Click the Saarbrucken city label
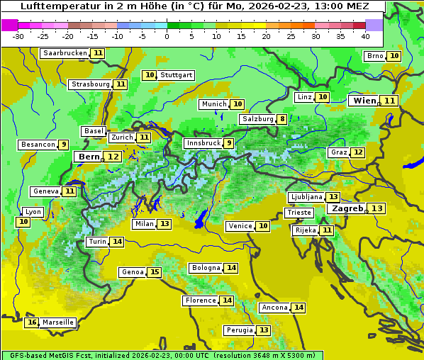[x=65, y=53]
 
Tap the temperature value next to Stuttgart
[x=149, y=75]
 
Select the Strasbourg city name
[x=91, y=84]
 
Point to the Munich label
[x=213, y=104]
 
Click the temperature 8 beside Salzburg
[x=282, y=119]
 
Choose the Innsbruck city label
[x=202, y=143]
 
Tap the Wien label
[x=364, y=101]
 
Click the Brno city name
[x=374, y=56]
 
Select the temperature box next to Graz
[x=358, y=152]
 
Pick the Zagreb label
[x=347, y=208]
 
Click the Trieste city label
[x=298, y=213]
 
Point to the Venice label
[x=240, y=226]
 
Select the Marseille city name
[x=58, y=322]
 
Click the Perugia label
[x=238, y=330]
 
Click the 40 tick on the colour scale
[x=364, y=36]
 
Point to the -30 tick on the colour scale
[x=18, y=36]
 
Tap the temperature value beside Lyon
[x=23, y=222]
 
